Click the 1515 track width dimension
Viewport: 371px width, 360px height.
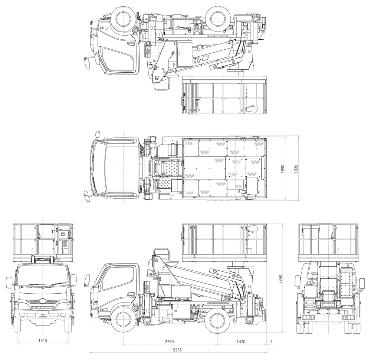(x=43, y=341)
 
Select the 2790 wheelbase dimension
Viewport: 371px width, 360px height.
(x=169, y=341)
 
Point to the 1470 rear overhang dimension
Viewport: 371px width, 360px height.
(x=241, y=341)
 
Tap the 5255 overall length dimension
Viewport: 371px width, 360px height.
(x=177, y=350)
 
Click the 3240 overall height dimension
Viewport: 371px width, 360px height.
(x=280, y=279)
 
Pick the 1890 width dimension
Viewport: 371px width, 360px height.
(x=283, y=169)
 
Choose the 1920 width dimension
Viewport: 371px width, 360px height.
(x=296, y=169)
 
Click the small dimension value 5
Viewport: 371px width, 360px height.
(x=272, y=341)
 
